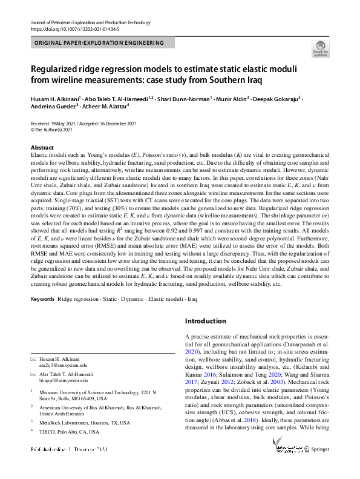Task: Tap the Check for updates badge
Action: click(x=320, y=49)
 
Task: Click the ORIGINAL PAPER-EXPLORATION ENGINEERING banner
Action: click(x=100, y=43)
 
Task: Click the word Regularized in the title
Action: click(x=61, y=69)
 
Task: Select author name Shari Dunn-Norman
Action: click(x=182, y=98)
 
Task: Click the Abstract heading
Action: click(x=43, y=148)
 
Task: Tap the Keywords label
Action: click(x=43, y=299)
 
